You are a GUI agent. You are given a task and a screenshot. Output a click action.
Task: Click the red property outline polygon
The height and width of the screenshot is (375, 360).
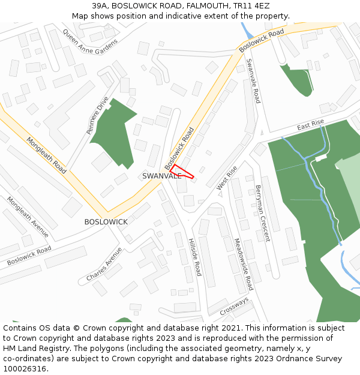pos(180,172)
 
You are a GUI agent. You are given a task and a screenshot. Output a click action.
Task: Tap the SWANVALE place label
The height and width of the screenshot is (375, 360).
pos(161,176)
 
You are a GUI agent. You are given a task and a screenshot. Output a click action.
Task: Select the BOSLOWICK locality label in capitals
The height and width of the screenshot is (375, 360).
pos(106,222)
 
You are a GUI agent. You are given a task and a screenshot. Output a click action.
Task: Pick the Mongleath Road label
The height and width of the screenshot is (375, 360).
pos(46,155)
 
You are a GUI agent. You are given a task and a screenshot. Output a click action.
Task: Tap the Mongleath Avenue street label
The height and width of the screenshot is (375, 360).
pos(28,217)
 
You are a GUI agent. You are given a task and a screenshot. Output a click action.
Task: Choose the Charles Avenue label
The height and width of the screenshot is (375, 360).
pos(104,264)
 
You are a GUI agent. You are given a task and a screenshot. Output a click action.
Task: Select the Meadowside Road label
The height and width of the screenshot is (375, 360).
pos(244,264)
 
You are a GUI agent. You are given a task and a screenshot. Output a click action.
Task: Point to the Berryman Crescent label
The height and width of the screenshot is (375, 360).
pos(263,213)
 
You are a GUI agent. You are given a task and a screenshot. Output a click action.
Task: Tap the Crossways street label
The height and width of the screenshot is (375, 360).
pos(234,307)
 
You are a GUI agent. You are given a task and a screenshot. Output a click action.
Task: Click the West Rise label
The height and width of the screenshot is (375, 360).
pos(227,178)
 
